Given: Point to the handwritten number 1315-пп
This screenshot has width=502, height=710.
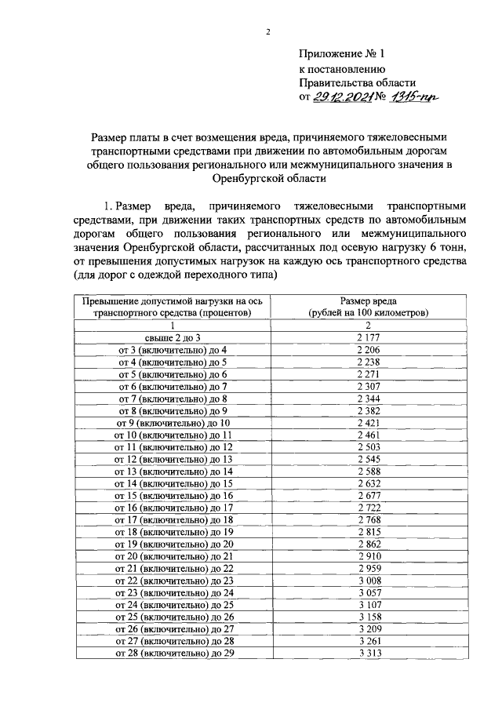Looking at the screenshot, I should click(415, 97).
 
